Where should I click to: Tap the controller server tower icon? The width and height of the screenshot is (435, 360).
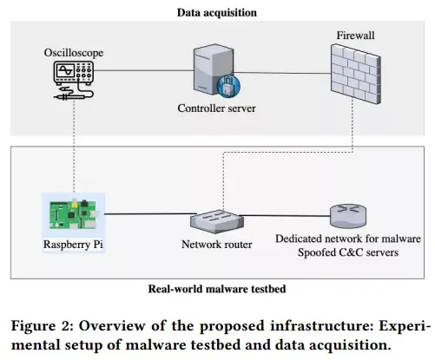coord(214,69)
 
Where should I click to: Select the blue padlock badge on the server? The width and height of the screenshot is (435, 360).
coord(228,86)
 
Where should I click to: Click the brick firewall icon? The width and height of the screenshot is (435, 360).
coord(356,74)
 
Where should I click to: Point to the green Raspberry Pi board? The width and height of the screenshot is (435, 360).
coord(73,214)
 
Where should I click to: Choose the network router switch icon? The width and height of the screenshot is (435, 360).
coord(217,221)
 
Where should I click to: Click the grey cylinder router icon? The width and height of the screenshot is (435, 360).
coord(348,216)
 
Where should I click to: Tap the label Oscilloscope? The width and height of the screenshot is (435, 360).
coord(74,53)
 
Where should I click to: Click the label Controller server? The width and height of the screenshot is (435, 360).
coord(217,108)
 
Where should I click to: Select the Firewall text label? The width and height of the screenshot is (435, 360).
coord(355,36)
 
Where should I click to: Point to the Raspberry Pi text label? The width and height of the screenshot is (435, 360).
coord(73,245)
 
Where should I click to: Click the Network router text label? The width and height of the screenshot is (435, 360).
coord(217,245)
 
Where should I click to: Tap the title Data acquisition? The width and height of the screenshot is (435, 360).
coord(217,13)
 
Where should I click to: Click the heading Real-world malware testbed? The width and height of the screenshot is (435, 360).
coord(217,289)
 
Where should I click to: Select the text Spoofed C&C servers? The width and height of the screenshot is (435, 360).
coord(348,252)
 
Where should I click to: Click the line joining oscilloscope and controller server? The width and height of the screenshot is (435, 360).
coord(143,70)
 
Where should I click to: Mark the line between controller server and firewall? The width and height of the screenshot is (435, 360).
coord(282,73)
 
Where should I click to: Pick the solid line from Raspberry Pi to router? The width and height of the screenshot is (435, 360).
coord(150,214)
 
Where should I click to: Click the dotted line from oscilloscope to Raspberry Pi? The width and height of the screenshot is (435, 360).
coord(74,146)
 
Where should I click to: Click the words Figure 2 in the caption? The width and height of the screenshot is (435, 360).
coord(43,326)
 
